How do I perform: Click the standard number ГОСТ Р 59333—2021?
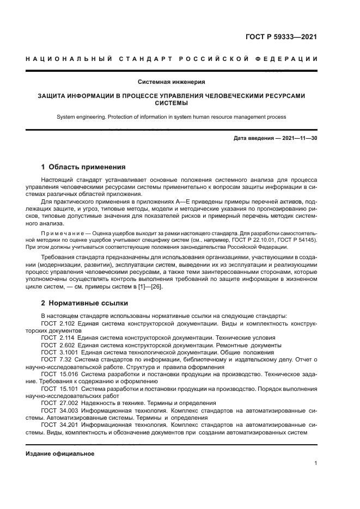(x=281, y=38)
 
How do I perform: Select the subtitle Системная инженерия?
(x=172, y=82)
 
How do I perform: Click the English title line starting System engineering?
(x=172, y=117)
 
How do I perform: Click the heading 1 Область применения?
(x=84, y=167)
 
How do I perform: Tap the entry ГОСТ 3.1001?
(x=58, y=352)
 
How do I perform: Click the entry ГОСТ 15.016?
(x=58, y=375)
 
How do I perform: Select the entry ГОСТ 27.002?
(x=58, y=402)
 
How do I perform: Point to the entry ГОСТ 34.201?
(x=58, y=425)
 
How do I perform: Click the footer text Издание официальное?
(x=60, y=453)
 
